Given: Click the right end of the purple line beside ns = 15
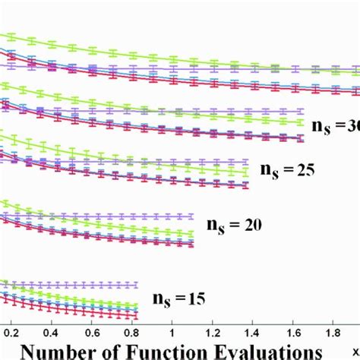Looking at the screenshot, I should click(138, 285).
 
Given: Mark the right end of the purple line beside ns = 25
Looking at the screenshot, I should click(248, 162).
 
